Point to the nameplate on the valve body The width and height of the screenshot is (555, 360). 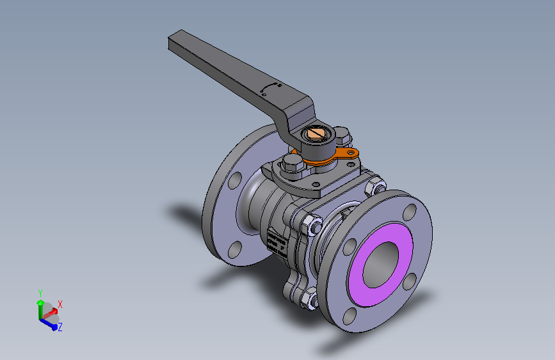click(x=276, y=241)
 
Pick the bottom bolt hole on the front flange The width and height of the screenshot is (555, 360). click(x=350, y=315)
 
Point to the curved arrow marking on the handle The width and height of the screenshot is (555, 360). click(x=271, y=86)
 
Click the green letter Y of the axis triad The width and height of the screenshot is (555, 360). click(x=40, y=292)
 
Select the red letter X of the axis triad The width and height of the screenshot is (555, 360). click(x=60, y=304)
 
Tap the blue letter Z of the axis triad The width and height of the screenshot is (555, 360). click(x=60, y=327)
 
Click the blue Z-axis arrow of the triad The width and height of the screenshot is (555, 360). click(x=49, y=322)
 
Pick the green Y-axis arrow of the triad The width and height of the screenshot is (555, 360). click(x=40, y=306)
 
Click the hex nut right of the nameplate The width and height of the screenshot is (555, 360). click(x=313, y=225)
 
